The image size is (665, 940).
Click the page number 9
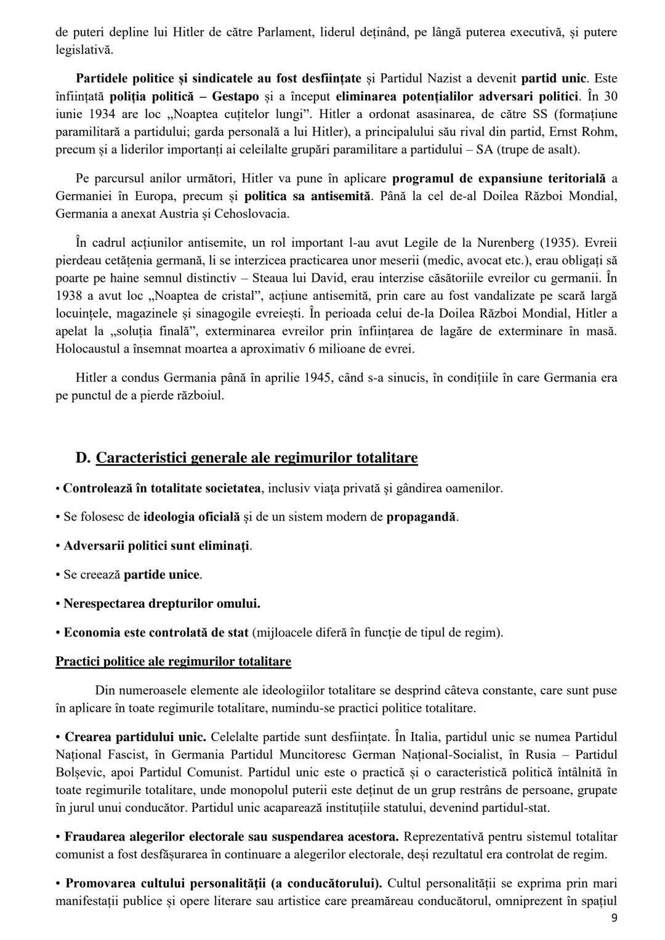[613, 918]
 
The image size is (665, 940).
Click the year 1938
[69, 296]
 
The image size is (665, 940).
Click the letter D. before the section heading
[83, 458]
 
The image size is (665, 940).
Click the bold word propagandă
[421, 517]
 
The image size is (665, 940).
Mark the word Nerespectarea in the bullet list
[104, 604]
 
